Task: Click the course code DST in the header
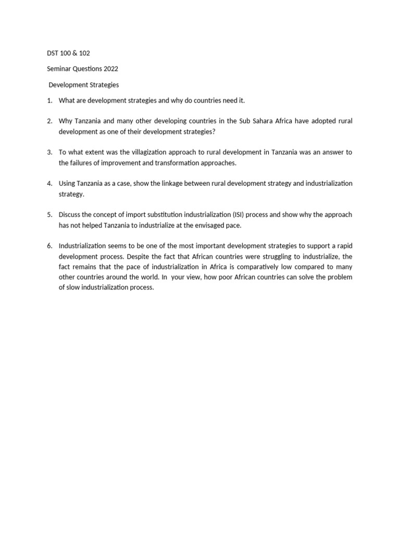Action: point(46,54)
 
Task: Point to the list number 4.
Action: point(49,184)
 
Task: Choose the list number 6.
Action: point(49,246)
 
